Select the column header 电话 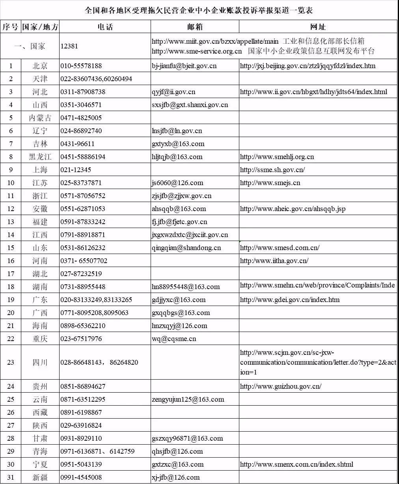(x=105, y=27)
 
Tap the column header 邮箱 (x=195, y=27)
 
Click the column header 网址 (x=318, y=27)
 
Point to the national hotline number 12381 (x=69, y=46)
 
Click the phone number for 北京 (x=81, y=66)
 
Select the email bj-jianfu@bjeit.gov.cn (x=184, y=66)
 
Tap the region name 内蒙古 (x=40, y=118)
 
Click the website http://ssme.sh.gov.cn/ (x=272, y=170)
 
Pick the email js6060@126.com (x=177, y=183)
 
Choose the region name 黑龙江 (x=40, y=157)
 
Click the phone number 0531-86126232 (x=83, y=248)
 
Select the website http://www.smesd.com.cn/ (x=280, y=248)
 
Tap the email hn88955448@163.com (x=186, y=287)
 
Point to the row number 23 (x=11, y=362)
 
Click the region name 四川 (x=40, y=362)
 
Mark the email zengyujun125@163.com (x=188, y=399)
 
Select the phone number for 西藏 (x=81, y=412)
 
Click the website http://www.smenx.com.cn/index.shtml (x=296, y=464)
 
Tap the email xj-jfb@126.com (x=175, y=477)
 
